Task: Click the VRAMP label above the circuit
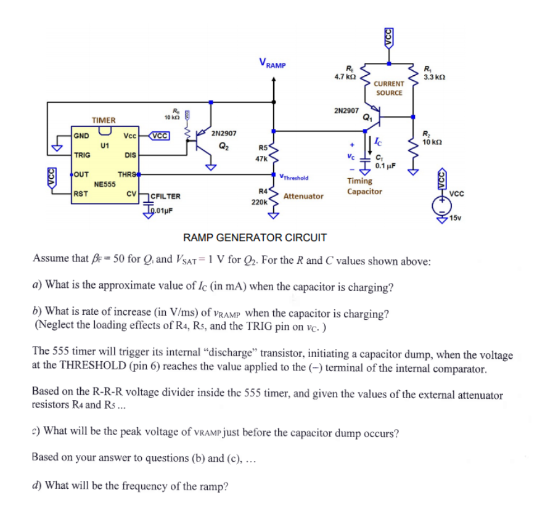coord(273,63)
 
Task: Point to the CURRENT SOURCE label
coord(389,88)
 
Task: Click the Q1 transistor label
coord(368,117)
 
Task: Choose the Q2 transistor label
coord(223,146)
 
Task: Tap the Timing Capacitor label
coord(364,186)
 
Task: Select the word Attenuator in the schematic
coord(303,196)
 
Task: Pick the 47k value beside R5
coord(260,158)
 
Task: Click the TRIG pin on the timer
coord(81,155)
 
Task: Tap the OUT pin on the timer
coord(81,174)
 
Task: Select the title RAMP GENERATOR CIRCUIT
coord(255,237)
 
